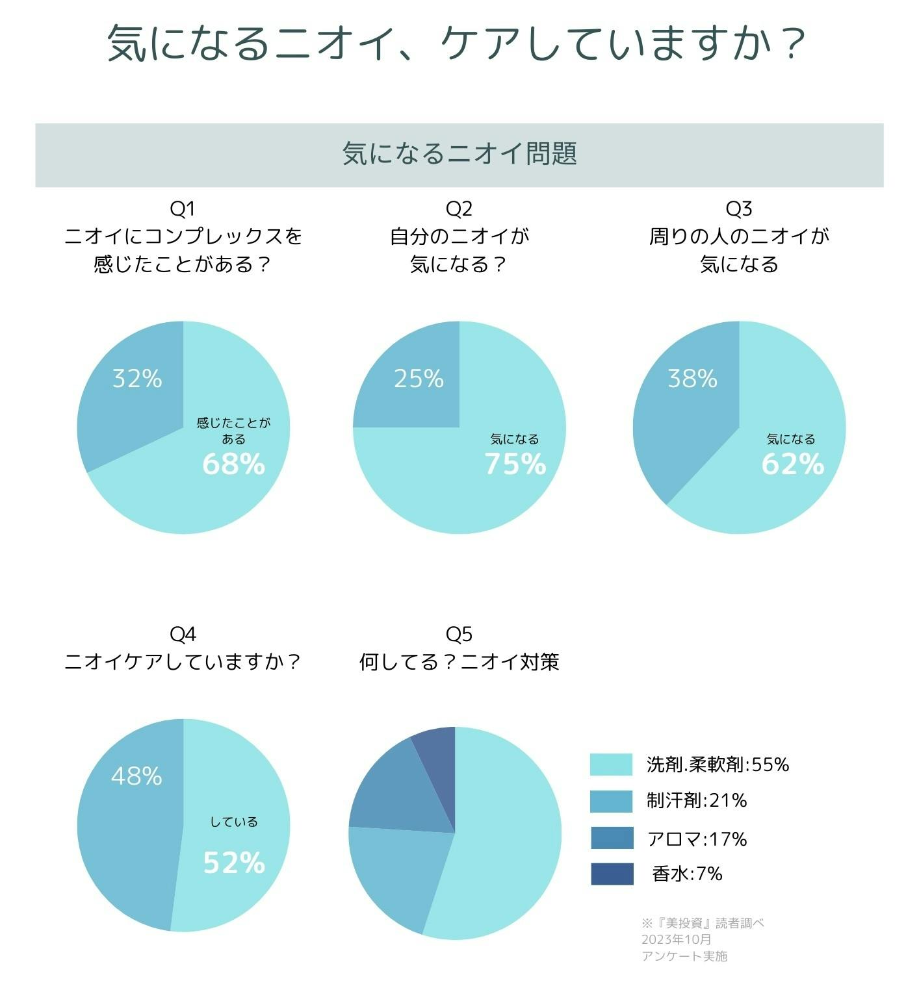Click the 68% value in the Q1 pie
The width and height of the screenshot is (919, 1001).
tap(233, 464)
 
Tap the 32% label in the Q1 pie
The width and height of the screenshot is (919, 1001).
tap(137, 378)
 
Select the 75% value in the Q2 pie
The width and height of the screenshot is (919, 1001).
tap(515, 464)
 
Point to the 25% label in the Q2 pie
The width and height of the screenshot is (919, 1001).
tap(419, 378)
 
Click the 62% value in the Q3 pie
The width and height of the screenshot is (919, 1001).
tap(792, 464)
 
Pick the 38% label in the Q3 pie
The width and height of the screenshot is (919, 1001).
tap(693, 378)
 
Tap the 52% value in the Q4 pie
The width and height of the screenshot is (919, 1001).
tap(234, 863)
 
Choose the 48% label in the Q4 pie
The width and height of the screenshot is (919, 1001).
tap(136, 776)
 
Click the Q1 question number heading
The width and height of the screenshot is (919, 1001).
tap(183, 209)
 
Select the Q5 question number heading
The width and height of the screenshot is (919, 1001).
tap(459, 633)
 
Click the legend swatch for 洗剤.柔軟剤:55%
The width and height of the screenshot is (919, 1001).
tap(611, 765)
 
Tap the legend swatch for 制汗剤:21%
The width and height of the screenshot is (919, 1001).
tap(611, 801)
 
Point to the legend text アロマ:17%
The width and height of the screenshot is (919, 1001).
tap(697, 839)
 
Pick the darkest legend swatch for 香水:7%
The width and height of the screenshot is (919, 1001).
tap(612, 874)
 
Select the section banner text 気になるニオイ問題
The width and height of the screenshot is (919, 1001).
tap(459, 155)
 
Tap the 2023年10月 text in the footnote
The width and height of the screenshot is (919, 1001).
tap(676, 939)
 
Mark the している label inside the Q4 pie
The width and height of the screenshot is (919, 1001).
tap(234, 822)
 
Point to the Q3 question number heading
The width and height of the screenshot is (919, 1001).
tap(739, 209)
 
